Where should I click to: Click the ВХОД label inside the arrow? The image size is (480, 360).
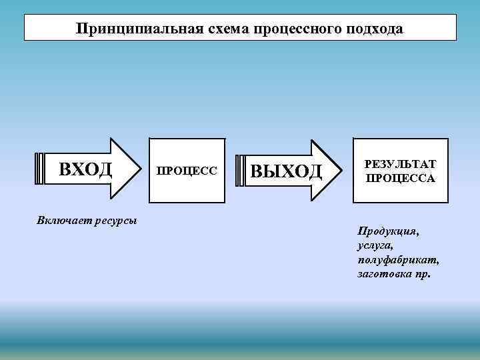[85, 169]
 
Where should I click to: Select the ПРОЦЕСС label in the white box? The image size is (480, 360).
[187, 171]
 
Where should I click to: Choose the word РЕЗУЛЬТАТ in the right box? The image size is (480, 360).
[400, 165]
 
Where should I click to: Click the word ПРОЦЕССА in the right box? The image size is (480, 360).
[400, 178]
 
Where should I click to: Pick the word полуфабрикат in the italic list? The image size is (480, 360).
[398, 260]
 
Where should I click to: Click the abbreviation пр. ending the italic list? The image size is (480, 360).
[422, 274]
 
